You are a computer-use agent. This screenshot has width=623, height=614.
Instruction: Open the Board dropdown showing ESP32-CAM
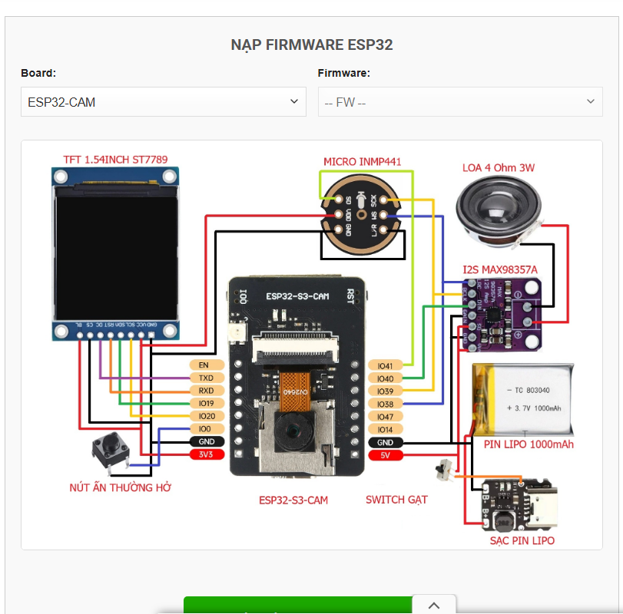[x=163, y=101]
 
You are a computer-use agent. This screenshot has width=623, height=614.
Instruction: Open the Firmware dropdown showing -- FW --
[x=459, y=101]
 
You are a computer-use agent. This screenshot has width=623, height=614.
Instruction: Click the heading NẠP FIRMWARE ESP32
[x=312, y=45]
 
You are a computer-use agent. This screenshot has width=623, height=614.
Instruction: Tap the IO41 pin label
[x=385, y=366]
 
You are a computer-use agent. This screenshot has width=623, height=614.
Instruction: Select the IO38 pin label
[x=385, y=404]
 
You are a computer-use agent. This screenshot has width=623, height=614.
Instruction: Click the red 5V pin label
[x=385, y=455]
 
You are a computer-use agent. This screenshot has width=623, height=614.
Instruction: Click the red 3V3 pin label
[x=207, y=454]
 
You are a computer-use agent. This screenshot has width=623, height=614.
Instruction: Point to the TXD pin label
[x=207, y=378]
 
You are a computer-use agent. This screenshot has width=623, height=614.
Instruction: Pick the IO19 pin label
[x=207, y=404]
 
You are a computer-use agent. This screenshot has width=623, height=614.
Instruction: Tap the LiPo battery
[x=522, y=399]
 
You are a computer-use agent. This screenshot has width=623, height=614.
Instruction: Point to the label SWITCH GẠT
[x=396, y=500]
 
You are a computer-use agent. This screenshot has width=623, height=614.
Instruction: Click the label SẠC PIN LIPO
[x=522, y=540]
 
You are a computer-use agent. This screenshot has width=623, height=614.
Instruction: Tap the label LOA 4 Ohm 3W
[x=499, y=167]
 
